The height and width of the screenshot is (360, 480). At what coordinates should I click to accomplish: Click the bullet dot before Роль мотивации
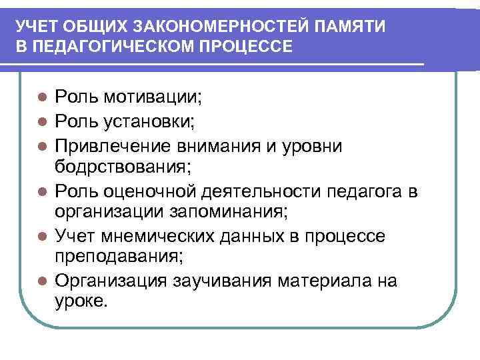(x=41, y=97)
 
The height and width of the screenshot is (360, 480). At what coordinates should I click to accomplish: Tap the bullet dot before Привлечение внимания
(x=41, y=145)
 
